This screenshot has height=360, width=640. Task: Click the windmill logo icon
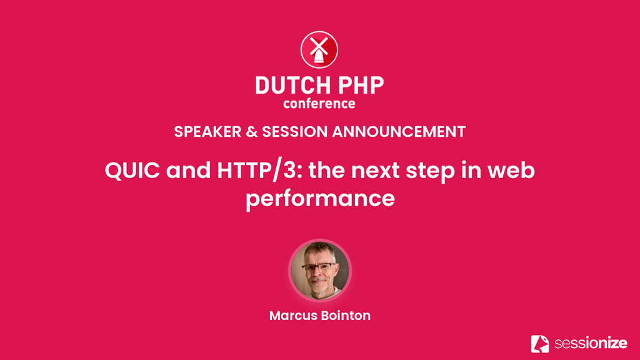(x=319, y=50)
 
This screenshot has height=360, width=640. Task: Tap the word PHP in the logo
(x=361, y=86)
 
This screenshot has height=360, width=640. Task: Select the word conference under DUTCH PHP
(x=319, y=104)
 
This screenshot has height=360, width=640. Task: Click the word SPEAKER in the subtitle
(x=207, y=132)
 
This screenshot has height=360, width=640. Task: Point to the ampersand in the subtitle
(x=252, y=132)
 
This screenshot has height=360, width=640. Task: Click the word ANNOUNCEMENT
(x=399, y=132)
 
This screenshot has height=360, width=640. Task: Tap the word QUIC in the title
(x=132, y=170)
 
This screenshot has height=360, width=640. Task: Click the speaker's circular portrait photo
(x=320, y=271)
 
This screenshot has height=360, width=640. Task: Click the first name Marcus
(x=292, y=316)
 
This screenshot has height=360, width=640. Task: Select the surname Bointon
(x=346, y=316)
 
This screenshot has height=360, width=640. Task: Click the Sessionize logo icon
(x=540, y=344)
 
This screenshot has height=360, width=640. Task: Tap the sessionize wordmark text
(x=591, y=343)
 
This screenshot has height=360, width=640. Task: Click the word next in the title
(x=375, y=171)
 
